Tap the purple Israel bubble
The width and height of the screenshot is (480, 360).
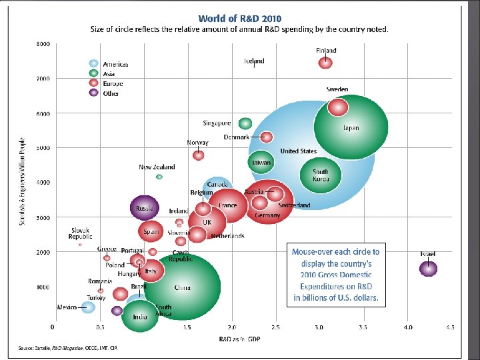point(428,269)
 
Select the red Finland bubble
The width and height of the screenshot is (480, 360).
point(325,63)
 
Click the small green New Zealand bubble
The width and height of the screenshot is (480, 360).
point(159,177)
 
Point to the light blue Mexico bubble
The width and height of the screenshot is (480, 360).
point(88,307)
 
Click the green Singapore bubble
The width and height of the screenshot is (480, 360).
point(245,123)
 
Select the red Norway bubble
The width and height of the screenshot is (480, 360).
point(199,155)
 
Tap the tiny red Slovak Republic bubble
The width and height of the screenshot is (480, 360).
point(80,245)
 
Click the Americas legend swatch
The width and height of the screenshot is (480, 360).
point(95,64)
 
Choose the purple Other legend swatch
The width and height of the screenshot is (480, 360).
point(95,93)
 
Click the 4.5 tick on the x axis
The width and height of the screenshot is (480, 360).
point(451,327)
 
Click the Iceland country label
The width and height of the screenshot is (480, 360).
point(254,61)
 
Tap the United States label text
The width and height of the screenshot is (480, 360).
point(299,151)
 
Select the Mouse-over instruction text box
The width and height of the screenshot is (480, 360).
point(336,275)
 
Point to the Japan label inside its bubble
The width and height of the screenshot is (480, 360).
point(351,128)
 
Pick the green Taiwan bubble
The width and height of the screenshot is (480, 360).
point(260,162)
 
